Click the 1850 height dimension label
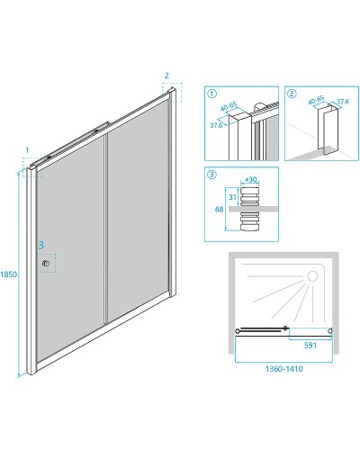[8, 274]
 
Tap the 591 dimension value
[310, 346]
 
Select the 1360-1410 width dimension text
[283, 369]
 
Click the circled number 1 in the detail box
[211, 94]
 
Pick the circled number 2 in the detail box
[292, 94]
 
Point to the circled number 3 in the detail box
[211, 175]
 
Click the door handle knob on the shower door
[46, 264]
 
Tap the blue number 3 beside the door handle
[41, 246]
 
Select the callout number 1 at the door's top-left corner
[27, 150]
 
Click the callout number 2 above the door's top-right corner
[166, 76]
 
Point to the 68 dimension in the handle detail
[219, 209]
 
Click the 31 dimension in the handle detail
[232, 197]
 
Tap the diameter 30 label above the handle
[251, 180]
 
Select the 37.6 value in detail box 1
[216, 125]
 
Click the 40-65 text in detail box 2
[317, 99]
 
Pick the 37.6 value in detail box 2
[342, 102]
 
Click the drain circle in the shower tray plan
[312, 276]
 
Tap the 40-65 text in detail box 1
[229, 107]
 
